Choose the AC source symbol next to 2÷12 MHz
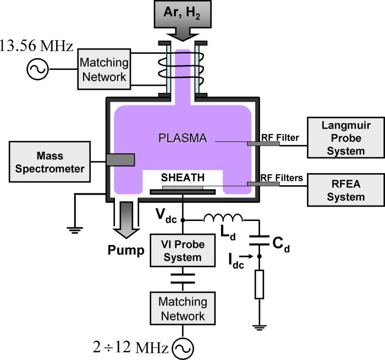click(x=182, y=347)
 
